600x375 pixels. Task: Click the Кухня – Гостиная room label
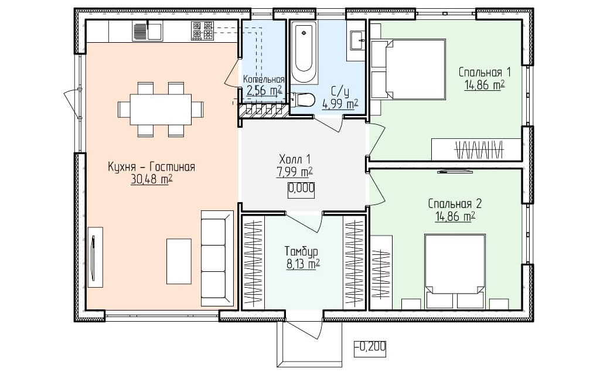click(152, 167)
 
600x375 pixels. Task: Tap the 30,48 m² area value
click(152, 179)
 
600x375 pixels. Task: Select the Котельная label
click(264, 79)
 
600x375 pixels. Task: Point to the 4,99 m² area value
click(340, 103)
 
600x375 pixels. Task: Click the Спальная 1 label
click(485, 72)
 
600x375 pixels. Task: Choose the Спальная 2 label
click(455, 203)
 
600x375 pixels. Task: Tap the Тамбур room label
click(302, 251)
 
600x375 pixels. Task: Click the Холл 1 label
click(295, 159)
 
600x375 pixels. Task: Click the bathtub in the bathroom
click(304, 52)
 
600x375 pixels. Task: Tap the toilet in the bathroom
click(303, 100)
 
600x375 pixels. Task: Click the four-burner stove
click(202, 31)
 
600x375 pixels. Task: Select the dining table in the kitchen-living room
click(161, 110)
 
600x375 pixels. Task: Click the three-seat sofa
click(217, 258)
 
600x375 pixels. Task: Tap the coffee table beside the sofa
click(179, 261)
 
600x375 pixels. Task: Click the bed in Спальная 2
click(455, 271)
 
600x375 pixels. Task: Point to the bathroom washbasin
click(357, 40)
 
